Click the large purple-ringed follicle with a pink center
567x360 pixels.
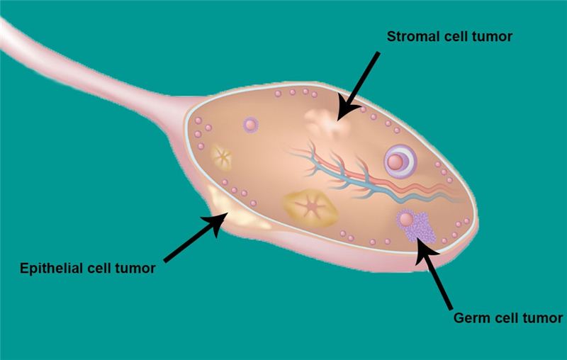coord(399,162)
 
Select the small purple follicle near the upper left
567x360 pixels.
coord(250,125)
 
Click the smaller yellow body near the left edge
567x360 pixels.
coord(221,157)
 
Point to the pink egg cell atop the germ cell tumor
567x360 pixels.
coord(406,219)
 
